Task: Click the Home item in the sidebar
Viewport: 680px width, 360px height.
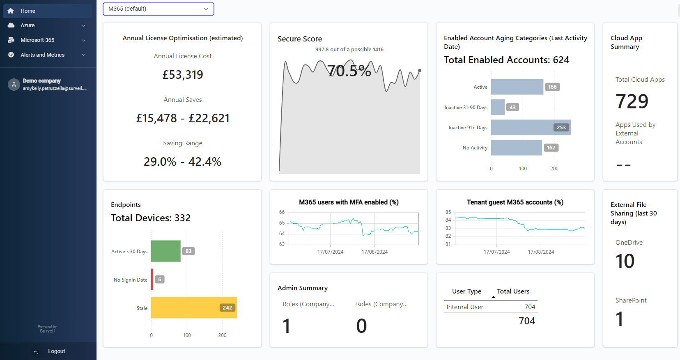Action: point(28,11)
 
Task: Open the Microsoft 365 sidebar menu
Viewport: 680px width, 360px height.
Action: point(37,40)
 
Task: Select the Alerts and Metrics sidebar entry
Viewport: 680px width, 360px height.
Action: point(42,55)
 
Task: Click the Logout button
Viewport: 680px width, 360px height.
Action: point(56,351)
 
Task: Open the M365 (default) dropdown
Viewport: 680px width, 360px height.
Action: point(159,9)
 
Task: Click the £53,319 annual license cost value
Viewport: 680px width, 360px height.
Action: point(183,75)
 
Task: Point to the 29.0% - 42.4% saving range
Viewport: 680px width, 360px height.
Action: point(182,162)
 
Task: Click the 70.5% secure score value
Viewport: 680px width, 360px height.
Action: point(349,71)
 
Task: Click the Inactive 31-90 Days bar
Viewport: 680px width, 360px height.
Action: point(498,107)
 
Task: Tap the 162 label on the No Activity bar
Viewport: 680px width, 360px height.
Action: point(551,148)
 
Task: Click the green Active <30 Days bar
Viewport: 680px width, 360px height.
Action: point(166,251)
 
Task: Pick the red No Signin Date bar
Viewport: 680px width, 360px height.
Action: point(152,280)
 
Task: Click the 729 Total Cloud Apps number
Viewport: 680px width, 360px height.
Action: point(632,101)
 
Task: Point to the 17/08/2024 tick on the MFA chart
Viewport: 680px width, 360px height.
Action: point(374,252)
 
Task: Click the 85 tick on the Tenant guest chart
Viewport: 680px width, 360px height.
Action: point(448,212)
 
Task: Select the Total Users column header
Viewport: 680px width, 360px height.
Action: point(513,291)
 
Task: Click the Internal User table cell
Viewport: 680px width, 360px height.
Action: point(465,307)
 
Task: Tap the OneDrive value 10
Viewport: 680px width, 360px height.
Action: point(625,261)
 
